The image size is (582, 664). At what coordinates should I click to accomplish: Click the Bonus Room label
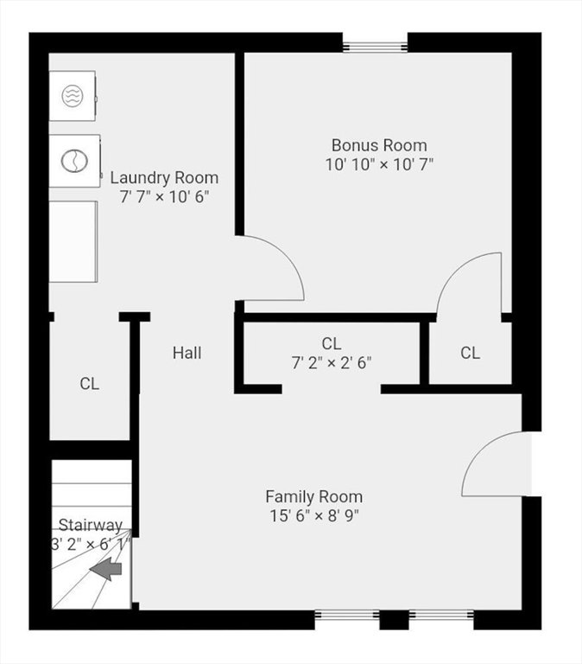[379, 145]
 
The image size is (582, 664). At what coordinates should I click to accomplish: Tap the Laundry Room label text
[164, 178]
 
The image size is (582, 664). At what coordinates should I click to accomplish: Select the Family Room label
[313, 497]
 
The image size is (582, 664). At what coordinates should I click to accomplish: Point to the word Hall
[187, 353]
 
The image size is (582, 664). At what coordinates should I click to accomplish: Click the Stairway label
[91, 526]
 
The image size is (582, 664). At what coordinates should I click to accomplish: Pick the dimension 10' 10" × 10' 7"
[379, 164]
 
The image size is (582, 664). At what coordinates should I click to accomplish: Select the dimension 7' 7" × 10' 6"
[164, 197]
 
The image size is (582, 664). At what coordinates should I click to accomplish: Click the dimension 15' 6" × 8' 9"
[314, 516]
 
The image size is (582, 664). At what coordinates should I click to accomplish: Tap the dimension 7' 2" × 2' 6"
[332, 362]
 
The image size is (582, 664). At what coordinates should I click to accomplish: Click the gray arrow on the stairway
[105, 569]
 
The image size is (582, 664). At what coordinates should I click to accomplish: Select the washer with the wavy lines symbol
[73, 96]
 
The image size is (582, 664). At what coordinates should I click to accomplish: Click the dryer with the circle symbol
[75, 161]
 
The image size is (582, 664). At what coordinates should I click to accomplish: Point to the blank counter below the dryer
[73, 242]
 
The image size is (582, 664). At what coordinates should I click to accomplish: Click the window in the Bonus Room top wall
[375, 46]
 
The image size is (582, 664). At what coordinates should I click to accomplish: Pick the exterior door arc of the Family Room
[475, 452]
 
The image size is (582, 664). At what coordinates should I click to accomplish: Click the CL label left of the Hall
[89, 384]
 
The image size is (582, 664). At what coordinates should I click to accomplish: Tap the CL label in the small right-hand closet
[470, 353]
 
